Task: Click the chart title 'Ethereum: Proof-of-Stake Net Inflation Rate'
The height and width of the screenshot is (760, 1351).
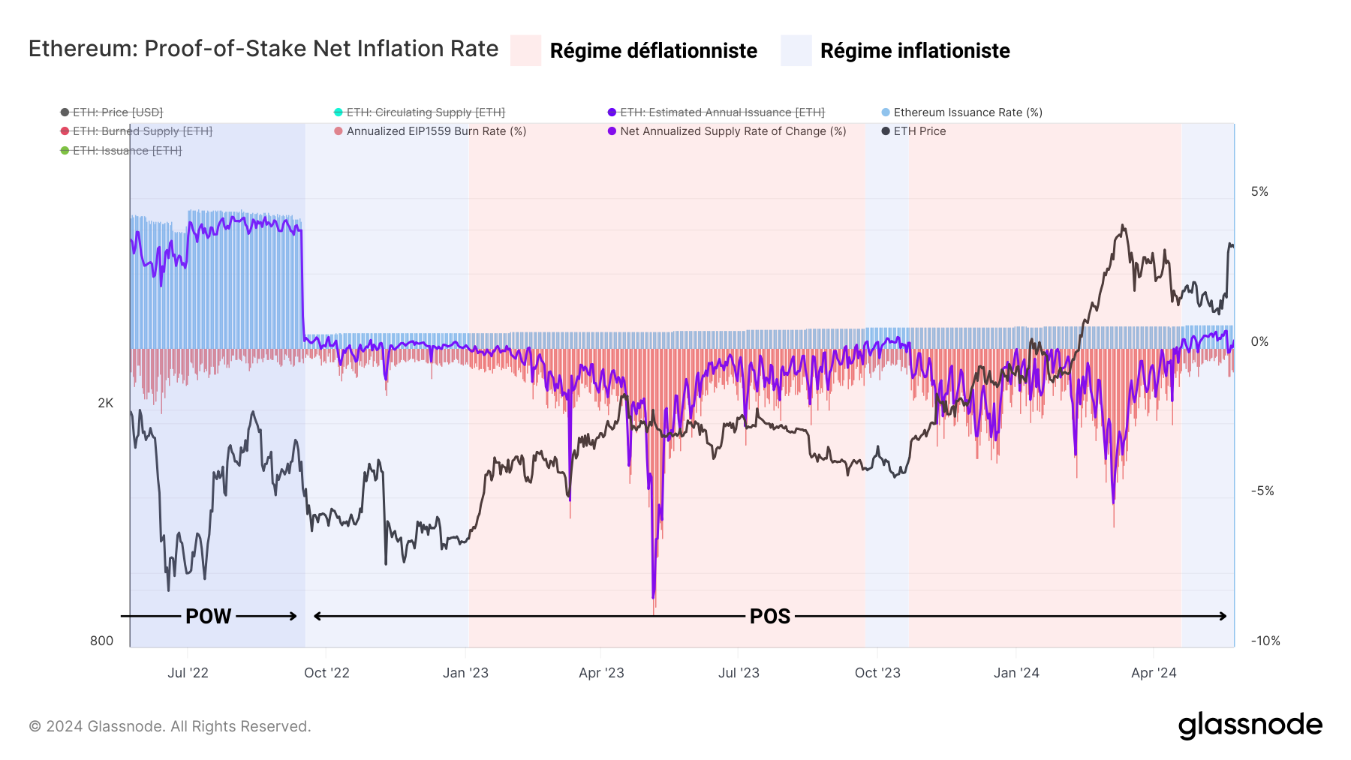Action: click(263, 49)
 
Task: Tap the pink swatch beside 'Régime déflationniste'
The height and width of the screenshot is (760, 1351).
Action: click(525, 50)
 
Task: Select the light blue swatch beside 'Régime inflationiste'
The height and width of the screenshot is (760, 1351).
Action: click(796, 50)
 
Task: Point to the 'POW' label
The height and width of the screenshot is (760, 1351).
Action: click(208, 616)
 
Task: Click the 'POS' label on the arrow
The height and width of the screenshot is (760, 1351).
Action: click(770, 616)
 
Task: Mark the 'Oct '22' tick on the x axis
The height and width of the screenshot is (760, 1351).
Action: click(326, 673)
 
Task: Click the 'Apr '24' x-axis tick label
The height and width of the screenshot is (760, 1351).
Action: click(1154, 673)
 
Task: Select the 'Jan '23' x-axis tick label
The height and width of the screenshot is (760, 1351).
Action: click(465, 673)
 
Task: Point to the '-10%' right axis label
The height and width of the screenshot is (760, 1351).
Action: click(1265, 641)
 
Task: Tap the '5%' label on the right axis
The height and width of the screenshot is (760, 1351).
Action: click(1259, 192)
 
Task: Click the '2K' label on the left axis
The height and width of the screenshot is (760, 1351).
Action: click(106, 404)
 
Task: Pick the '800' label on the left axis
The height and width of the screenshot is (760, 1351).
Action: click(102, 641)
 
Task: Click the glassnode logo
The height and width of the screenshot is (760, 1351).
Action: click(1250, 725)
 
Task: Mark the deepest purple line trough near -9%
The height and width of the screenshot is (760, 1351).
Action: click(653, 597)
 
